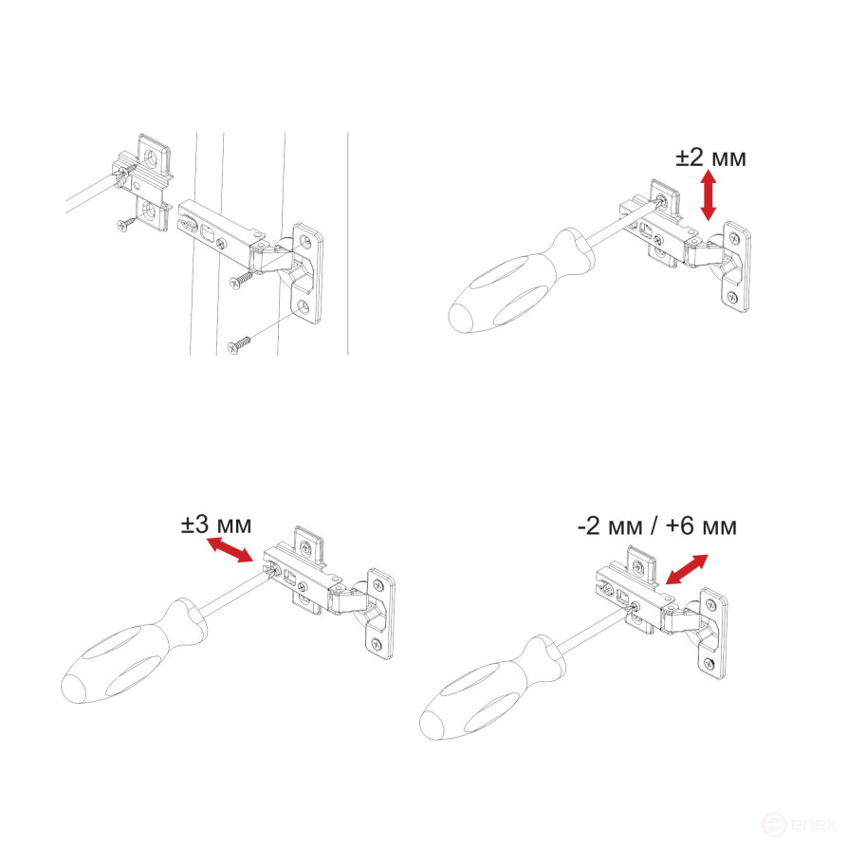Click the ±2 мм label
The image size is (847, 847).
710,157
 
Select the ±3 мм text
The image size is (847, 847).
217,525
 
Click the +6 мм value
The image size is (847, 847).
701,525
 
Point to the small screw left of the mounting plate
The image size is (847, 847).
124,225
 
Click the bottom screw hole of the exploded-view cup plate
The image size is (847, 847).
302,306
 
